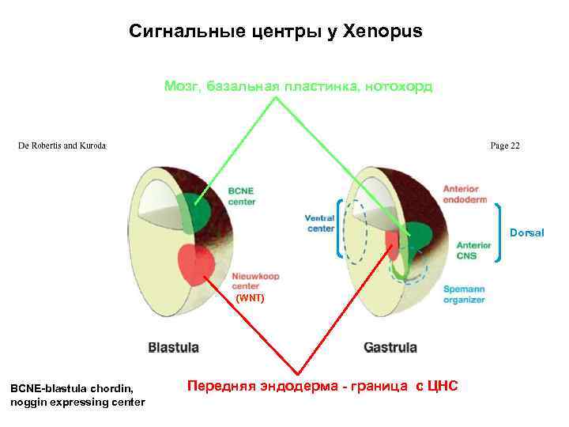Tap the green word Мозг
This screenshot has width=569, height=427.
click(182, 86)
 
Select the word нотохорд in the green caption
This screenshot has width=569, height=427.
click(399, 86)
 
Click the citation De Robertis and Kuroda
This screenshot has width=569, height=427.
click(62, 145)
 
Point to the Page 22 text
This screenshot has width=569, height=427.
click(505, 145)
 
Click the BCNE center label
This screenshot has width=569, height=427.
click(242, 196)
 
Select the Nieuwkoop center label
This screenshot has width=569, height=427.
click(255, 281)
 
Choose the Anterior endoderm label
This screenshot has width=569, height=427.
click(465, 195)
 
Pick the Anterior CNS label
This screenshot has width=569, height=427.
click(473, 251)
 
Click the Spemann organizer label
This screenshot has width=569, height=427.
click(464, 294)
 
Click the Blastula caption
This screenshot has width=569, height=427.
click(174, 347)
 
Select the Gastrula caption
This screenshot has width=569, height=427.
click(390, 347)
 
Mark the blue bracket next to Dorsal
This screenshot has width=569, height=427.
click(500, 231)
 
